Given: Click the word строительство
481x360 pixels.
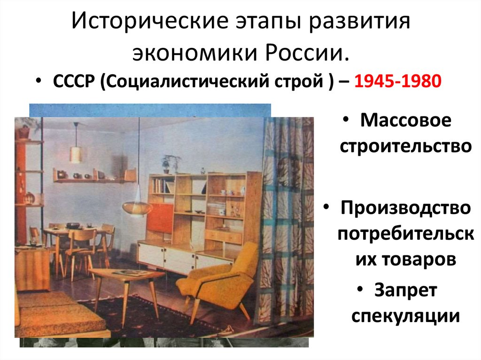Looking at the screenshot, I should pyautogui.click(x=405, y=146).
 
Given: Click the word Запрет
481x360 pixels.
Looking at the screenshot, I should pyautogui.click(x=406, y=291).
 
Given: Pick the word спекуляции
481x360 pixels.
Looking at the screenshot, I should pyautogui.click(x=405, y=316).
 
